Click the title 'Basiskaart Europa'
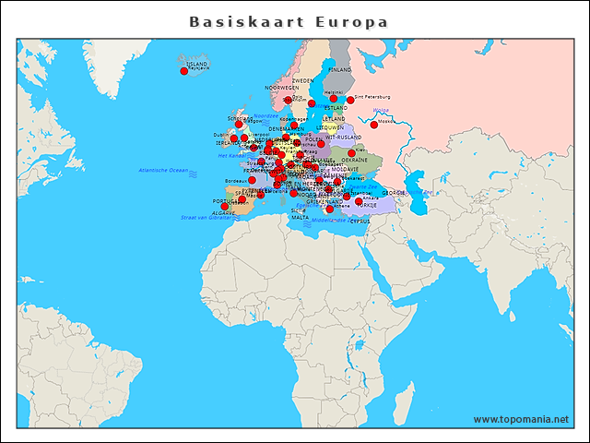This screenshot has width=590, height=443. (x=289, y=21)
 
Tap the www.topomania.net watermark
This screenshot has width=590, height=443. (x=521, y=419)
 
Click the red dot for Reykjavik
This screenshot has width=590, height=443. (x=184, y=71)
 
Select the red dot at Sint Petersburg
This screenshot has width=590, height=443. (x=349, y=99)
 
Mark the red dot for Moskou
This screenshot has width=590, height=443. (x=374, y=124)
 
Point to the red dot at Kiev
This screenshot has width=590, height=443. (x=351, y=153)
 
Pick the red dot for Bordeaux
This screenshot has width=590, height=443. (x=253, y=180)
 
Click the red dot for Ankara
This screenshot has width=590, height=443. (x=359, y=201)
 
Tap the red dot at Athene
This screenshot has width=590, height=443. (x=329, y=209)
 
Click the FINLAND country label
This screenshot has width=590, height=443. (x=340, y=69)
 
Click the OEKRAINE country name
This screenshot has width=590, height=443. (x=355, y=160)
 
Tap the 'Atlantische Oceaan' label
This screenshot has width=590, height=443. (x=163, y=171)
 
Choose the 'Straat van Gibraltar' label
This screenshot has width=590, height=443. (x=206, y=217)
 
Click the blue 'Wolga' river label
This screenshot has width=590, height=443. (x=381, y=111)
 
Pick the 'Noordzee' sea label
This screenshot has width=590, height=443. (x=265, y=116)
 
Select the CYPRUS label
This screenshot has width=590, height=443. (x=360, y=221)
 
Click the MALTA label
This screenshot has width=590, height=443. (x=301, y=217)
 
